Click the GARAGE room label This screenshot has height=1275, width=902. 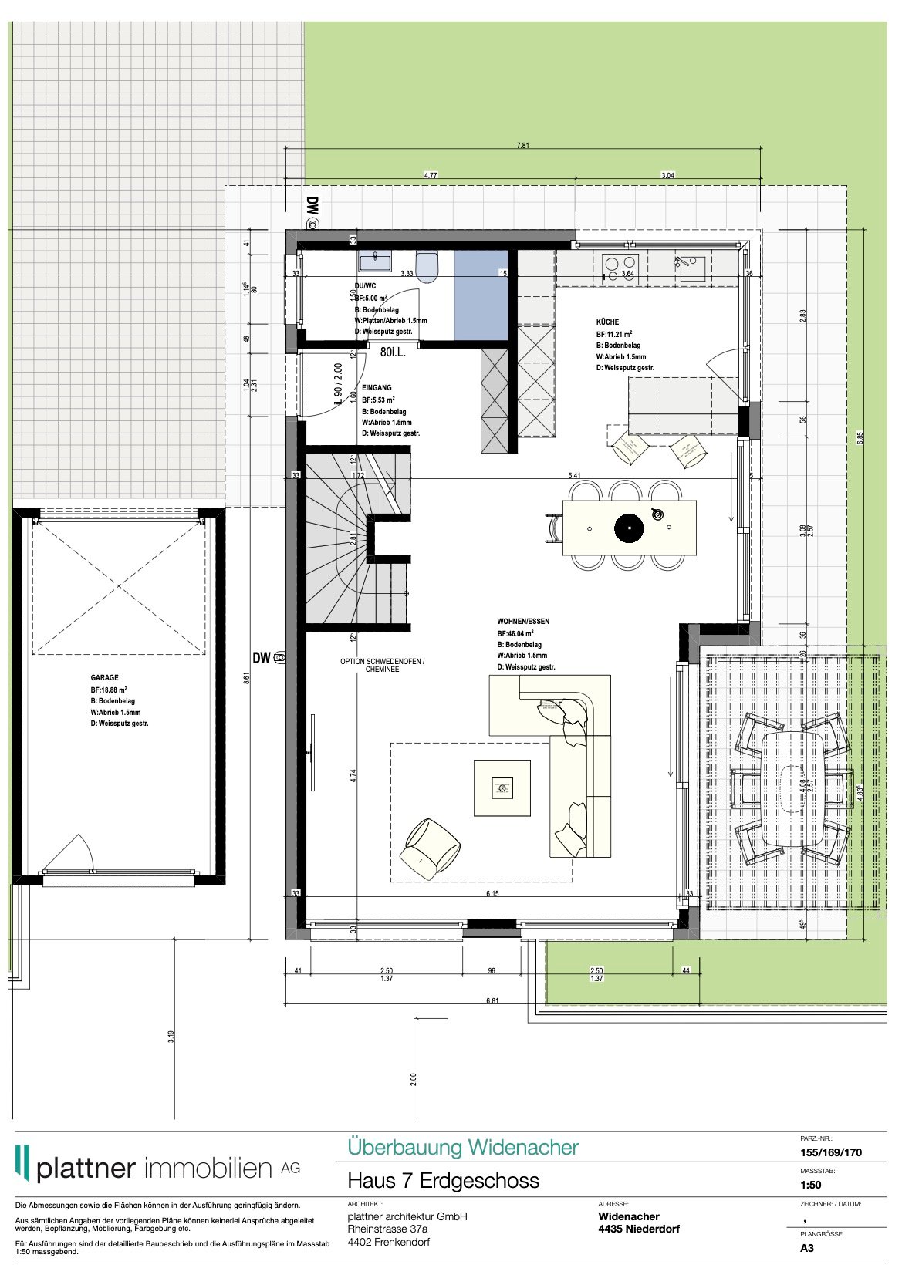click(104, 678)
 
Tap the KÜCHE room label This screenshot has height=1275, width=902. click(607, 322)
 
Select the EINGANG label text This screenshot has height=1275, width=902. click(377, 388)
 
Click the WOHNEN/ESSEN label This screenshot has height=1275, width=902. click(523, 621)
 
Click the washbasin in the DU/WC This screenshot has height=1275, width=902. click(375, 261)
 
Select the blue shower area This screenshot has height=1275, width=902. click(481, 295)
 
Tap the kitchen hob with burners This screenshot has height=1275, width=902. click(621, 268)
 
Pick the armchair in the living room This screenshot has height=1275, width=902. click(430, 848)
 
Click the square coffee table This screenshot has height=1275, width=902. click(502, 788)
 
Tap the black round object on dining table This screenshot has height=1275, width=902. click(628, 528)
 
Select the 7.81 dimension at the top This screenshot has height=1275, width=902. click(522, 145)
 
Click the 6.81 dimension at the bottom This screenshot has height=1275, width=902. click(492, 1000)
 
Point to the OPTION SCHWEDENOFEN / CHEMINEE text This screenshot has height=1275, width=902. click(382, 666)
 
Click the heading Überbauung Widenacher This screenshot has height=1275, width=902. click(462, 1147)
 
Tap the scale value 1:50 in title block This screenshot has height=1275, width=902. click(810, 1185)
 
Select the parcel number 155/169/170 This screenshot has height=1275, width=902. click(830, 1152)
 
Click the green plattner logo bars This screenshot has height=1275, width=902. click(23, 1162)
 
